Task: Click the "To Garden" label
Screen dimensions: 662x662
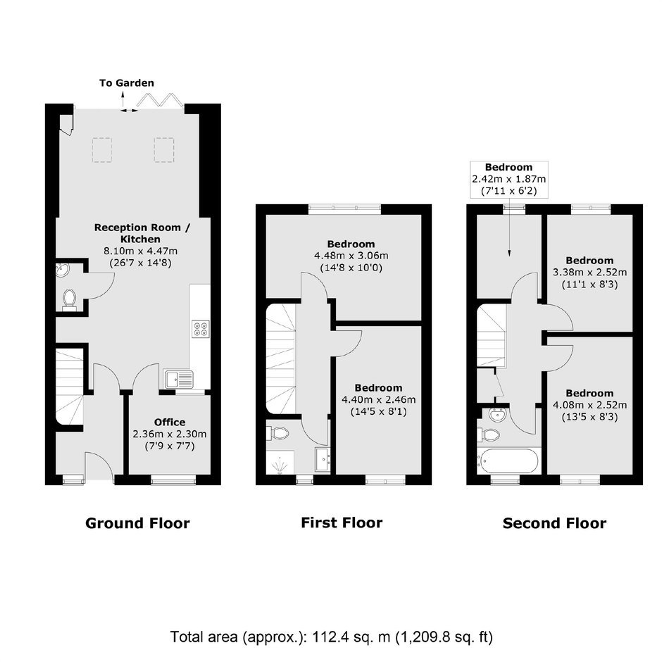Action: pyautogui.click(x=127, y=83)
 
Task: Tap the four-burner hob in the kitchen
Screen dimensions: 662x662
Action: pyautogui.click(x=201, y=329)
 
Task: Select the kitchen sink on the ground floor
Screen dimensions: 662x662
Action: pyautogui.click(x=179, y=379)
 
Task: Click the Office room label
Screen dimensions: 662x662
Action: pyautogui.click(x=170, y=422)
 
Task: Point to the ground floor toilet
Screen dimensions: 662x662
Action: pyautogui.click(x=69, y=298)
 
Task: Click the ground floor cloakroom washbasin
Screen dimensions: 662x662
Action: pyautogui.click(x=62, y=270)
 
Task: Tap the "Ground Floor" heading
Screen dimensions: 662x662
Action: pyautogui.click(x=137, y=523)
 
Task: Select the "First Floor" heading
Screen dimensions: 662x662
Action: pyautogui.click(x=342, y=523)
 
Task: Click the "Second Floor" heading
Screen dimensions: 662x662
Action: pyautogui.click(x=554, y=523)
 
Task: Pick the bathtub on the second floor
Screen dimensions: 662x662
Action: pyautogui.click(x=507, y=461)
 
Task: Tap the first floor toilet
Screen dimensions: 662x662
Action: pyautogui.click(x=277, y=432)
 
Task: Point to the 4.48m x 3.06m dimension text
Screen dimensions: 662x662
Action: pyautogui.click(x=351, y=256)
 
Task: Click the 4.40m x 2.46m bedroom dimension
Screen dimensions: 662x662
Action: pyautogui.click(x=379, y=399)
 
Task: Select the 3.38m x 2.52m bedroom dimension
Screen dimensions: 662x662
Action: pyautogui.click(x=589, y=273)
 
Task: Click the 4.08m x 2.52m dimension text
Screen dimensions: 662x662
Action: pyautogui.click(x=589, y=406)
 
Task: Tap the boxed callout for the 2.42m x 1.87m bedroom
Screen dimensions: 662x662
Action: pyautogui.click(x=508, y=180)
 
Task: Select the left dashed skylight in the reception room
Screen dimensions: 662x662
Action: pyautogui.click(x=101, y=150)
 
